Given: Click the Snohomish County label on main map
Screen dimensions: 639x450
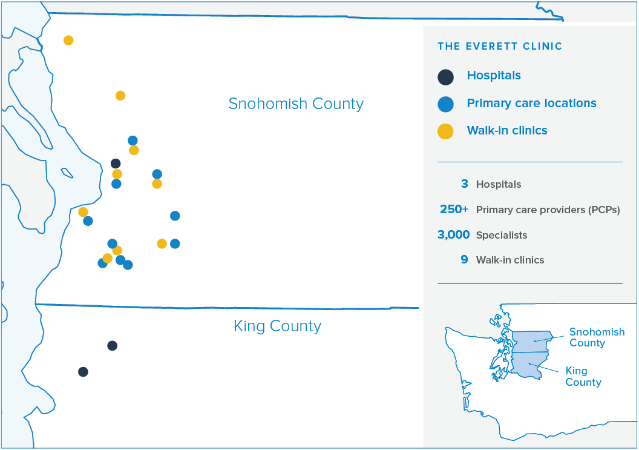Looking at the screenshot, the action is point(296,104).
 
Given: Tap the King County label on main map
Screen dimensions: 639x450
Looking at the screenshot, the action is point(278,326).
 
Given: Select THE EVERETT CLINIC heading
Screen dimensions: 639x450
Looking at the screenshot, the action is point(500,46).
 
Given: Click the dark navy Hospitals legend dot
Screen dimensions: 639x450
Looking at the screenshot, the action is point(445,77).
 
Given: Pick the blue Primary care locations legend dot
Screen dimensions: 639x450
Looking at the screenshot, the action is point(445,104).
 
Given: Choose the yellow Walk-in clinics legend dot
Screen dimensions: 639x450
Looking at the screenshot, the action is point(445,131).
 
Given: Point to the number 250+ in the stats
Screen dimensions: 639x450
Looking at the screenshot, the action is point(454,210).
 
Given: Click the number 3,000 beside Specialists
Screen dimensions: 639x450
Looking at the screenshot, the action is point(454,234).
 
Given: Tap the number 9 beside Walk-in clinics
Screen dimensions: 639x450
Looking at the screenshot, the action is point(464,259).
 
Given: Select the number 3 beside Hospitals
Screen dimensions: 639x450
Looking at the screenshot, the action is point(465,184).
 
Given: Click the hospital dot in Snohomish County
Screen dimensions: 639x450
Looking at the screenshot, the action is point(116,164).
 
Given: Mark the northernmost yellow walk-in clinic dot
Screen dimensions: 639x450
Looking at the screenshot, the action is point(68,41).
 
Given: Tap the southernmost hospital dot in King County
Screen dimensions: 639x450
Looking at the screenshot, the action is point(83,372).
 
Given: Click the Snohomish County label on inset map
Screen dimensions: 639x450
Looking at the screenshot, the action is point(597,337).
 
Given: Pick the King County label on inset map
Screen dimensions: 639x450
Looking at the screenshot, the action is point(583,376).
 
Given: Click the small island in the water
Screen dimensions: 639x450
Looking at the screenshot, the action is point(67,173).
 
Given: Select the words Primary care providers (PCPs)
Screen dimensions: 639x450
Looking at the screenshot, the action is point(548,210).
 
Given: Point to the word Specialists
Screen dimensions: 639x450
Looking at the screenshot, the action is point(502,235).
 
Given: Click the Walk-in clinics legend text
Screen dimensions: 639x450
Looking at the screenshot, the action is point(507,131).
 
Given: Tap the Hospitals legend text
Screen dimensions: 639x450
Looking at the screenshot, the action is point(494,76).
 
